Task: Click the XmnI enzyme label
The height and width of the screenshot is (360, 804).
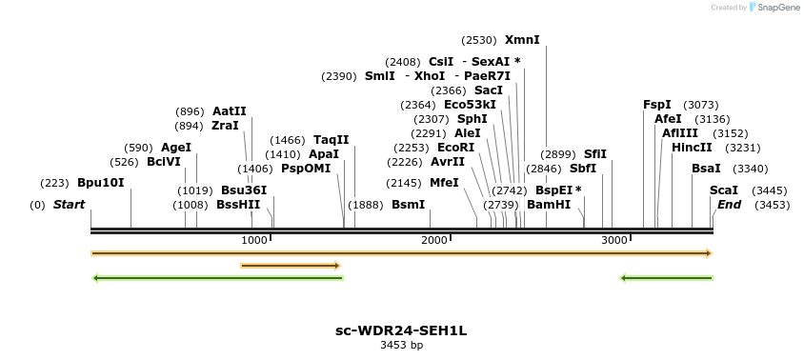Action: click(x=522, y=40)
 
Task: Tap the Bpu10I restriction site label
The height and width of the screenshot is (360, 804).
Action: click(x=101, y=183)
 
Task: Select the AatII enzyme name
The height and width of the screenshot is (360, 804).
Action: click(x=230, y=111)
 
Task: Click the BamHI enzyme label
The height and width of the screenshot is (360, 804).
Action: click(x=549, y=205)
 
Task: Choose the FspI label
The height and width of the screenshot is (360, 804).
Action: click(x=657, y=105)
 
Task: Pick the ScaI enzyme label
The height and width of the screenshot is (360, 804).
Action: click(x=724, y=190)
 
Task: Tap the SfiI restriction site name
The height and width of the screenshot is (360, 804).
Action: click(x=595, y=154)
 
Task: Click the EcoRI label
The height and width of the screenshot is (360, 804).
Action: click(x=455, y=148)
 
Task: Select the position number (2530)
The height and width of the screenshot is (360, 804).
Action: click(x=479, y=40)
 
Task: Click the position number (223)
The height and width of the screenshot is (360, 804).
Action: click(x=54, y=183)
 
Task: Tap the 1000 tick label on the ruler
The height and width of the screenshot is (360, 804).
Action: click(x=254, y=240)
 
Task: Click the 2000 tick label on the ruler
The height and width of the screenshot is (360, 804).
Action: click(x=434, y=240)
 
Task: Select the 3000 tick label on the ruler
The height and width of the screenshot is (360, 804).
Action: click(x=613, y=240)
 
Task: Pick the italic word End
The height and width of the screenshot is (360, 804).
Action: click(x=729, y=205)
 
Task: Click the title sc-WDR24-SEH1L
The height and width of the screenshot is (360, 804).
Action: click(x=401, y=331)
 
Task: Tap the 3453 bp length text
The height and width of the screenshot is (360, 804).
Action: click(x=401, y=346)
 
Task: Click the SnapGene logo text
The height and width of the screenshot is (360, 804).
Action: click(x=777, y=8)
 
